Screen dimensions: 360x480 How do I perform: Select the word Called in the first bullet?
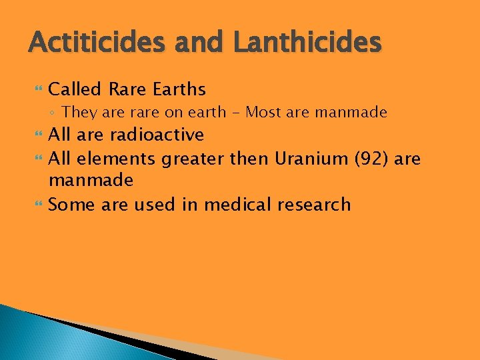[75, 89]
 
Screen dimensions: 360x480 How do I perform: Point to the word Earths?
[178, 89]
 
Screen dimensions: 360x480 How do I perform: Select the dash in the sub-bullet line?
[236, 112]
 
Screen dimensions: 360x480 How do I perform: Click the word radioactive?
[157, 135]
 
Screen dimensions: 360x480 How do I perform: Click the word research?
[314, 204]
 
